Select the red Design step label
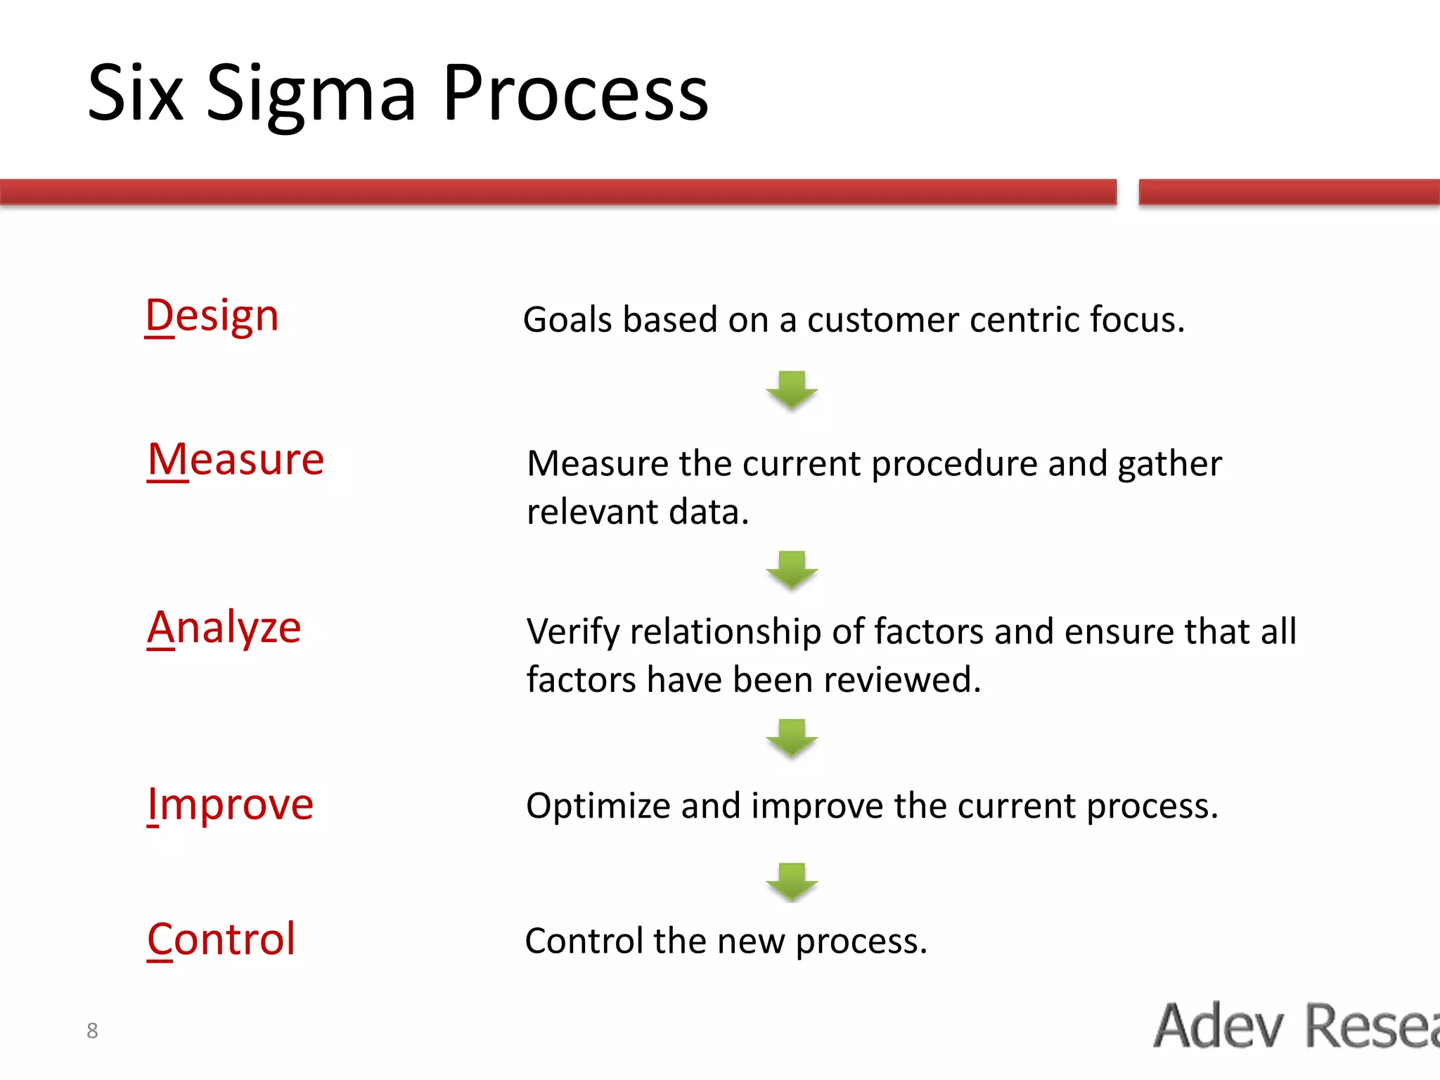(212, 316)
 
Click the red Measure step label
(236, 460)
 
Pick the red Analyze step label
(224, 627)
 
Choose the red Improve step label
(230, 804)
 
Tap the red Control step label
(221, 939)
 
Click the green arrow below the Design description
(792, 390)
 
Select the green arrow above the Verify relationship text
(792, 570)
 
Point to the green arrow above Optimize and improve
(792, 738)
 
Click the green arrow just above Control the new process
(792, 882)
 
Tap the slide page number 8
(92, 1031)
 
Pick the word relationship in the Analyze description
(725, 632)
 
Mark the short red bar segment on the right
(1288, 192)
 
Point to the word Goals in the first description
(567, 320)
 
